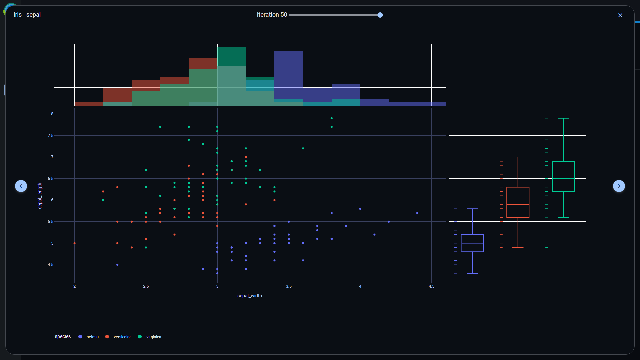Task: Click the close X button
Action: pos(620,15)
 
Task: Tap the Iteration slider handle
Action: pos(380,15)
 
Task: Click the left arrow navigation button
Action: pos(21,186)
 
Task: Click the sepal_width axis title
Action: pos(249,296)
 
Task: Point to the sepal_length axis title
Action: pos(40,196)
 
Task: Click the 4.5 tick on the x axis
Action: pos(431,286)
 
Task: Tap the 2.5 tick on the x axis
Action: pos(146,286)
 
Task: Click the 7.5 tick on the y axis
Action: pos(50,136)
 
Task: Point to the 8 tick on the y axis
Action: pos(52,114)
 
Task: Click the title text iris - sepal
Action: pos(27,15)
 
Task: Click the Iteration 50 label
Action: pos(272,15)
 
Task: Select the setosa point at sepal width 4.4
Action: pos(417,213)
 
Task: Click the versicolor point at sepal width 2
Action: pos(74,243)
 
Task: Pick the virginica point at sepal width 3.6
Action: pos(303,148)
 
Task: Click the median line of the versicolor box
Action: pos(518,204)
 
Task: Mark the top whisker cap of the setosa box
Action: pos(472,209)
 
